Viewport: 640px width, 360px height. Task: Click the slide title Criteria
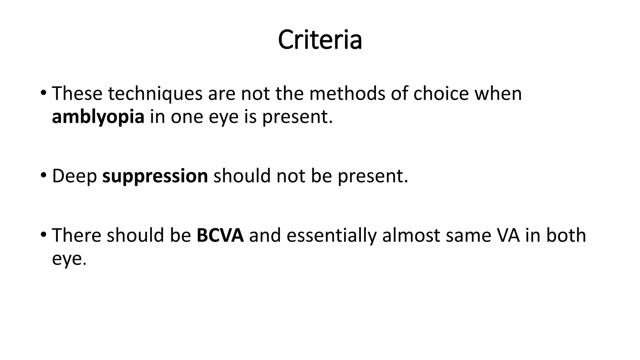click(320, 40)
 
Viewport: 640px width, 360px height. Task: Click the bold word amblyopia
click(98, 117)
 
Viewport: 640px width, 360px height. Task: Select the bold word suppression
click(155, 176)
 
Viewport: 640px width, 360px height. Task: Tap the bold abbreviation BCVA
click(220, 235)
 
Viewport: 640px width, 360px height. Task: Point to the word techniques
click(155, 93)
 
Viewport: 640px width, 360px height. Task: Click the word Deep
click(74, 176)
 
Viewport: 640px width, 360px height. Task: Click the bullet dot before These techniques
click(43, 93)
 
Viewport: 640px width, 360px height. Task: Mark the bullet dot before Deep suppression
click(43, 175)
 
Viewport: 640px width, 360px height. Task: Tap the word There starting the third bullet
click(77, 235)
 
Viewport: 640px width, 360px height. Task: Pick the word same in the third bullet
click(463, 235)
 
